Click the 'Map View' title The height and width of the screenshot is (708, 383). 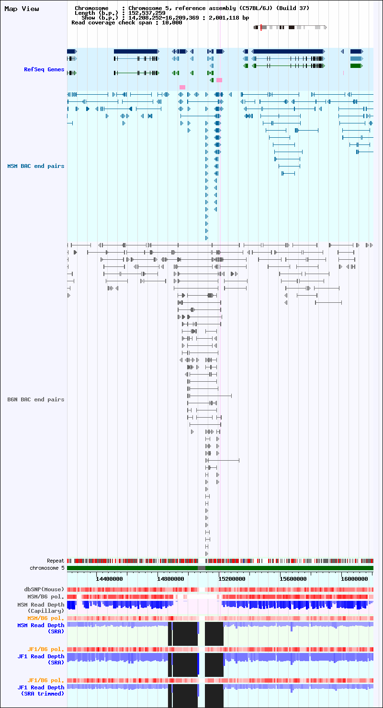pyautogui.click(x=22, y=9)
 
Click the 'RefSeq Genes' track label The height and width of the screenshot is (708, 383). pyautogui.click(x=44, y=69)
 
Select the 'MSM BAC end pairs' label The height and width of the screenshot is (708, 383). pyautogui.click(x=36, y=166)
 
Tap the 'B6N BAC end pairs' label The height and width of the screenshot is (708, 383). pyautogui.click(x=36, y=399)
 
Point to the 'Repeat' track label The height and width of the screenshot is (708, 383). pyautogui.click(x=56, y=561)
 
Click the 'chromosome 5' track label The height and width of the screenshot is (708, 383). pyautogui.click(x=47, y=568)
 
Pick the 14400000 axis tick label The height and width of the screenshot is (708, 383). pyautogui.click(x=109, y=579)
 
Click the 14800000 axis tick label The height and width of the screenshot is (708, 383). pyautogui.click(x=170, y=579)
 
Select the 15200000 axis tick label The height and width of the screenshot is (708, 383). pyautogui.click(x=232, y=579)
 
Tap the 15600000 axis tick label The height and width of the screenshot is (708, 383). pyautogui.click(x=293, y=579)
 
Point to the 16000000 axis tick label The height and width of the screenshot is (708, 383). pyautogui.click(x=354, y=579)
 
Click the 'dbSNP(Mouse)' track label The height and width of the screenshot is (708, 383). pyautogui.click(x=44, y=589)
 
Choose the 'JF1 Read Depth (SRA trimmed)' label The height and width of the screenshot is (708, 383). pyautogui.click(x=41, y=691)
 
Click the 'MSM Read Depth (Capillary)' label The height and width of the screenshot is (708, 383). pyautogui.click(x=41, y=608)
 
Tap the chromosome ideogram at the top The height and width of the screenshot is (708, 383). pyautogui.click(x=290, y=27)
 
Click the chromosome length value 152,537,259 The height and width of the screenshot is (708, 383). pyautogui.click(x=147, y=13)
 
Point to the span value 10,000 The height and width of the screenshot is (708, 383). pyautogui.click(x=172, y=23)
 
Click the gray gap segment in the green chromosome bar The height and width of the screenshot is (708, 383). pyautogui.click(x=202, y=568)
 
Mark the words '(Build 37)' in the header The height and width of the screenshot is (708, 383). pyautogui.click(x=293, y=8)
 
